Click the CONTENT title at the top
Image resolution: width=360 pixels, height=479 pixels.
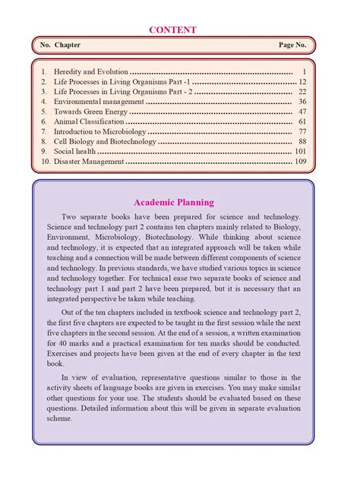coord(174,30)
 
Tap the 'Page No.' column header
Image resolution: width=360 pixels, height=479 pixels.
coord(292,46)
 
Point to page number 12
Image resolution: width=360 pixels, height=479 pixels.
coord(302,81)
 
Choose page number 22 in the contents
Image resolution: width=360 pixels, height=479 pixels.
coord(302,91)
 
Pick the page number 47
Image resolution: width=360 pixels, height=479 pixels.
coord(302,112)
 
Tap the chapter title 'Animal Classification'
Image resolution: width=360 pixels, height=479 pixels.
coord(89,121)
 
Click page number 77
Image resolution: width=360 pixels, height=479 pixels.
coord(302,131)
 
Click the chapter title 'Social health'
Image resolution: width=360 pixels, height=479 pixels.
coord(75,151)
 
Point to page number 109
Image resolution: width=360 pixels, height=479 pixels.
coord(301,162)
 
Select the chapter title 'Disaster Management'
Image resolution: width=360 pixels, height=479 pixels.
coord(89,162)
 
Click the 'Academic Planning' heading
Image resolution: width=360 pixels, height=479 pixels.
coord(174,203)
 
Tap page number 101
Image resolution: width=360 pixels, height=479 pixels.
coord(301,151)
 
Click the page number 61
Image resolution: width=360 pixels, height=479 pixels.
coord(302,121)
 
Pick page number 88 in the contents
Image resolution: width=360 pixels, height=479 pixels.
coord(302,141)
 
